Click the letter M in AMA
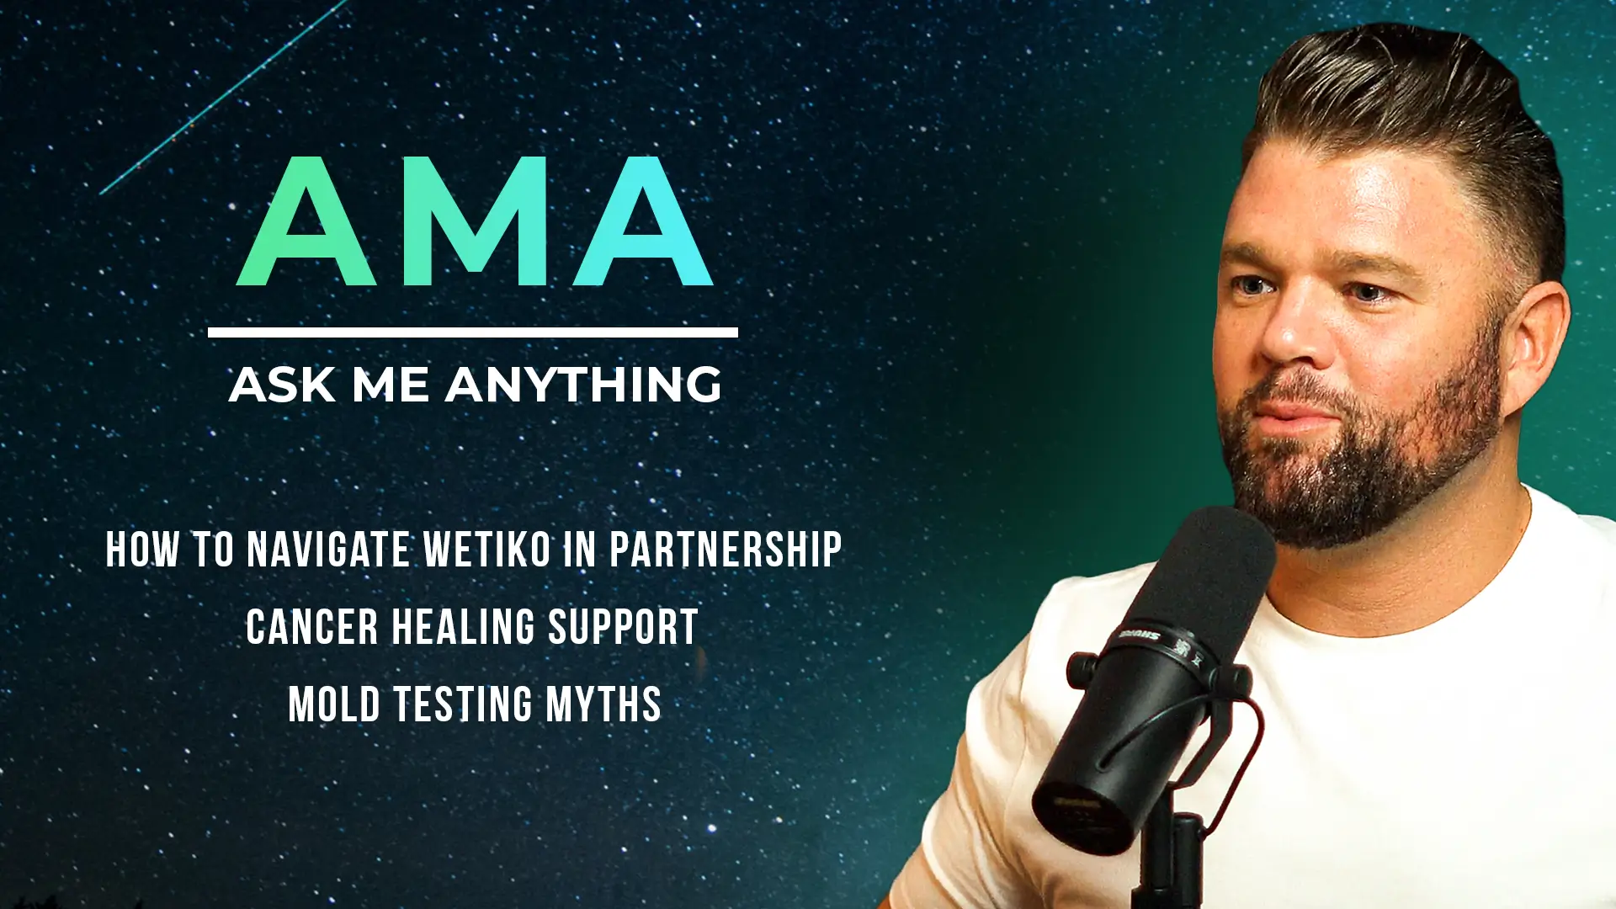pyautogui.click(x=474, y=221)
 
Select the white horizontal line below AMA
pyautogui.click(x=473, y=332)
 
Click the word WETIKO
pyautogui.click(x=487, y=550)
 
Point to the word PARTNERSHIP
pyautogui.click(x=726, y=550)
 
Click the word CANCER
pyautogui.click(x=312, y=627)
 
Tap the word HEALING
pyautogui.click(x=464, y=627)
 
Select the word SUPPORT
pyautogui.click(x=624, y=627)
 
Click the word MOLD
pyautogui.click(x=334, y=704)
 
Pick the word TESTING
pyautogui.click(x=463, y=704)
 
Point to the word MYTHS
pyautogui.click(x=603, y=704)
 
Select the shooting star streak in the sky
pyautogui.click(x=223, y=97)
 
